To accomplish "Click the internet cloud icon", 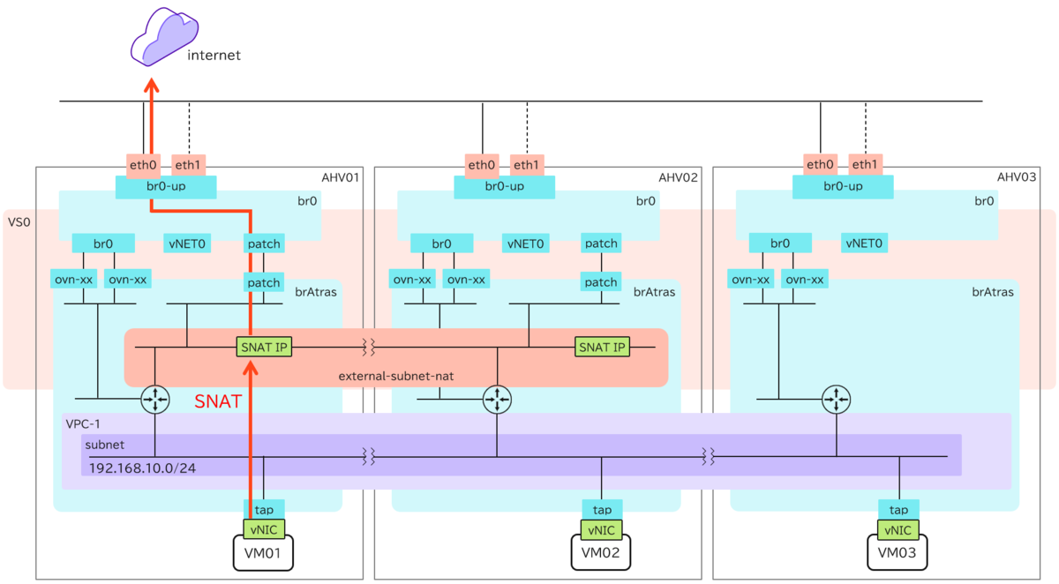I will [x=158, y=37].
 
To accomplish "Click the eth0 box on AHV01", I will [x=142, y=164].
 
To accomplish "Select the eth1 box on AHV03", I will [x=865, y=164].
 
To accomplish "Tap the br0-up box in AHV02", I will [x=504, y=187].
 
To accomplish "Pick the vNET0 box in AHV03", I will [x=865, y=243].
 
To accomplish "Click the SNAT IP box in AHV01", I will [x=263, y=347].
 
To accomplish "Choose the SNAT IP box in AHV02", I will [x=602, y=347].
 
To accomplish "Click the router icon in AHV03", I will [x=834, y=400].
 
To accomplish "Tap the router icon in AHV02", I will [x=497, y=400].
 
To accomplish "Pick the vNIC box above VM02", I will [x=602, y=529].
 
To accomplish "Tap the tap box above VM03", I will [x=898, y=510].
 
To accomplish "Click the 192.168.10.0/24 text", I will [x=142, y=468].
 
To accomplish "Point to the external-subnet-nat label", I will [x=389, y=377].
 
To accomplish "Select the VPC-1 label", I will [x=84, y=423].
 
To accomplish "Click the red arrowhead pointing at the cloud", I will [x=152, y=85].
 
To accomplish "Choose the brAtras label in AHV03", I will [x=992, y=291].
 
